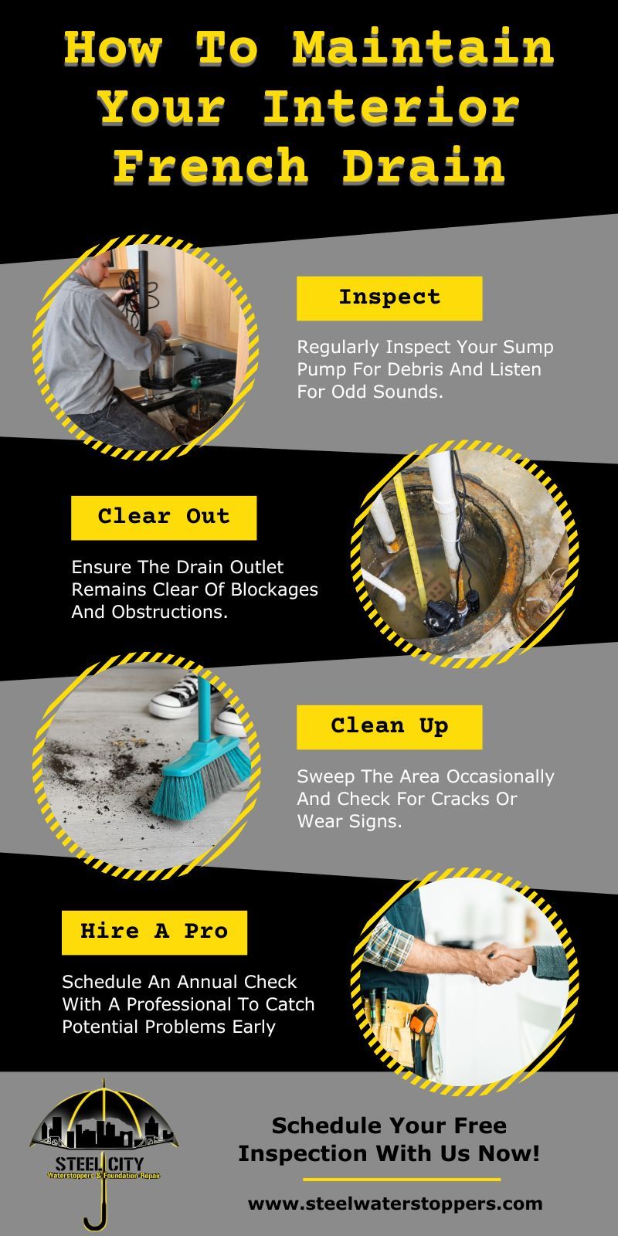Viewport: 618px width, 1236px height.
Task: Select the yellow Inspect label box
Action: click(x=389, y=298)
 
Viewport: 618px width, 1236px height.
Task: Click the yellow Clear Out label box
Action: click(x=164, y=517)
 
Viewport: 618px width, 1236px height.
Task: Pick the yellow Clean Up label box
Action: click(x=389, y=726)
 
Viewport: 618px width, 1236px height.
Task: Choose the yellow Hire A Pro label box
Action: click(x=154, y=932)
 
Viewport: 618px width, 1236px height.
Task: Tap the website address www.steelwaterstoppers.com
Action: click(x=395, y=1204)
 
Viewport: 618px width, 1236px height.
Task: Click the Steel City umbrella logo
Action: click(x=103, y=1143)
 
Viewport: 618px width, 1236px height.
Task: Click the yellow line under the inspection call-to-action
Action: click(x=401, y=1180)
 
